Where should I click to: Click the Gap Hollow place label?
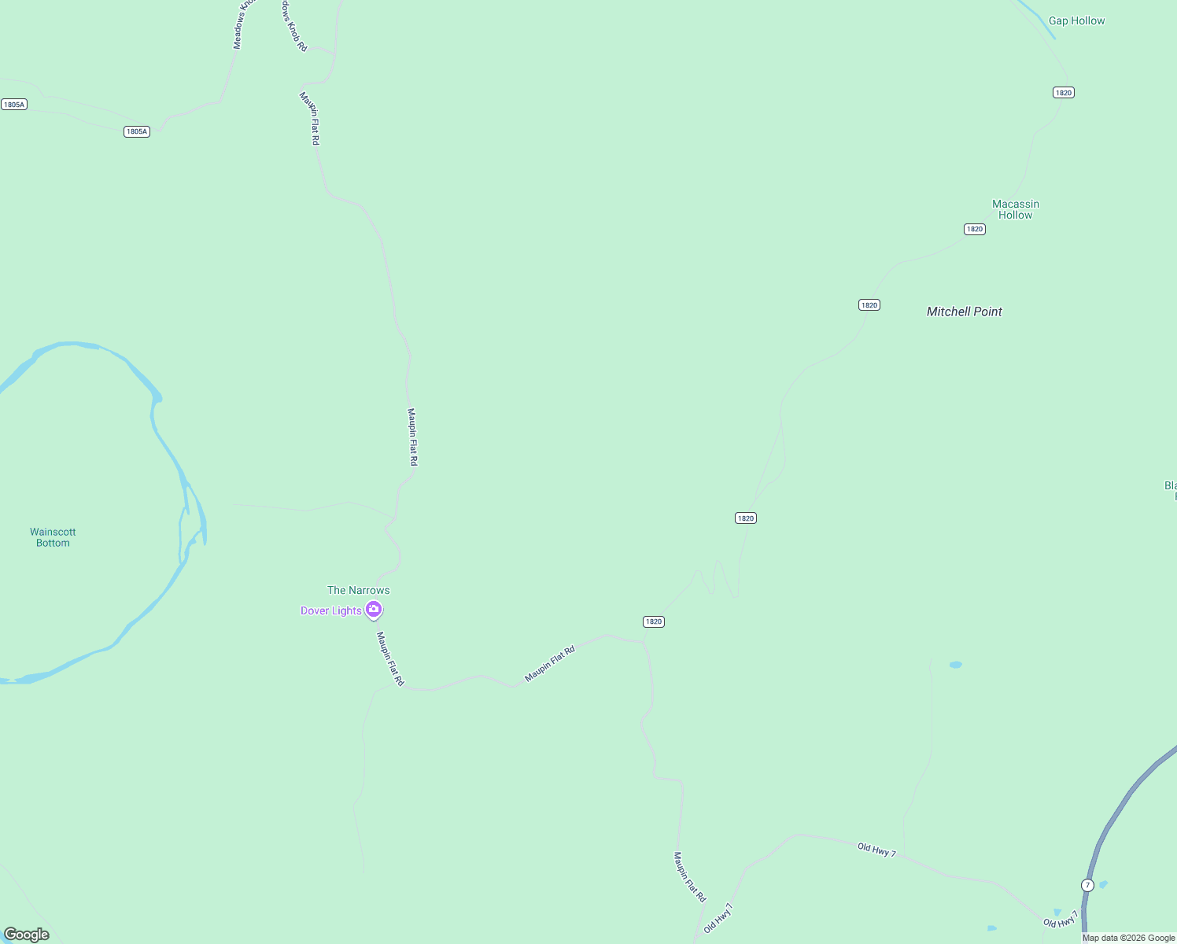pos(1076,21)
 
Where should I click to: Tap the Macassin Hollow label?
pos(1015,209)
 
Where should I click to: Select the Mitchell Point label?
pos(964,312)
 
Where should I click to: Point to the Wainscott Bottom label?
pos(53,537)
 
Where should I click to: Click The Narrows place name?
pos(358,590)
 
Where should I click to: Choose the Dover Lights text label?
pos(331,610)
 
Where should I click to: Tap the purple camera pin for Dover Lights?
pos(374,609)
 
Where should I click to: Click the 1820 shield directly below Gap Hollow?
pos(1063,93)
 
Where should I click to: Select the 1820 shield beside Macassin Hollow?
pos(974,229)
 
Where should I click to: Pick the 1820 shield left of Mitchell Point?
pos(869,305)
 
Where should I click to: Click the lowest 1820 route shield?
pos(653,621)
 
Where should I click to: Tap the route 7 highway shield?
pos(1087,885)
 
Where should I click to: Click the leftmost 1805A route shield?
pos(14,105)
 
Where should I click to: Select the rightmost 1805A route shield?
pos(137,131)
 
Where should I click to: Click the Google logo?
pos(27,934)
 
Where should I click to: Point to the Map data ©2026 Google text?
pos(1128,938)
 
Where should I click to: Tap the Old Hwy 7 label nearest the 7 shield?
pos(1060,922)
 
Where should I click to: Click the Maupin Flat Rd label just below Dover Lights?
pos(389,659)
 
